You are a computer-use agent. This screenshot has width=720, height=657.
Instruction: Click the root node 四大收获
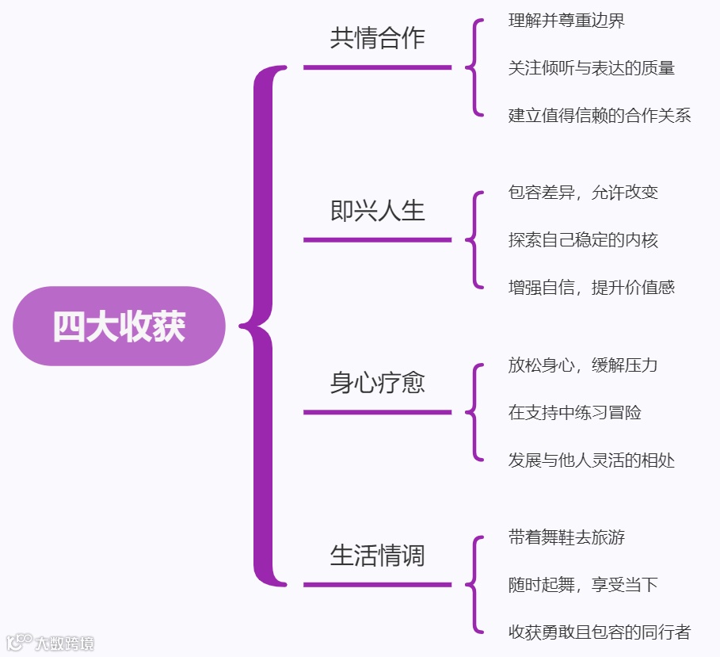[119, 326]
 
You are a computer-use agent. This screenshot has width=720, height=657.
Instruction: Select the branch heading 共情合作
[377, 39]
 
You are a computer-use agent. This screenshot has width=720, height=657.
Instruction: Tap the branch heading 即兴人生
[377, 211]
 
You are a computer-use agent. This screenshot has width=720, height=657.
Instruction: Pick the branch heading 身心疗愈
[377, 383]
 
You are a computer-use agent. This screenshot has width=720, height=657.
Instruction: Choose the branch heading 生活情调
[377, 556]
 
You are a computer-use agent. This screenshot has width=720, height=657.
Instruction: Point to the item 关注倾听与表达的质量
[591, 68]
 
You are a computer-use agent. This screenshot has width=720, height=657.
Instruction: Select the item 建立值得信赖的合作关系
[600, 116]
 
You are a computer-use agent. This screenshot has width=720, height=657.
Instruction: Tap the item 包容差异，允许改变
[583, 193]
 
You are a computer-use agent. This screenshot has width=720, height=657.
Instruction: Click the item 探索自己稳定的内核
[583, 240]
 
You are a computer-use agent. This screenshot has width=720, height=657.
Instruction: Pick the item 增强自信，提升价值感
[591, 287]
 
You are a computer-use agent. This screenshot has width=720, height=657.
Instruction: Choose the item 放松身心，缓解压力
[583, 365]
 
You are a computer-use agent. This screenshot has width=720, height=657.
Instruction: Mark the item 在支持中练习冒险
[574, 412]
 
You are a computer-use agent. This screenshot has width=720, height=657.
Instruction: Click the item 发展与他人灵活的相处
[591, 460]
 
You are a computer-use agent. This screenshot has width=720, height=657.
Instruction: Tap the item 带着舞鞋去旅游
[566, 537]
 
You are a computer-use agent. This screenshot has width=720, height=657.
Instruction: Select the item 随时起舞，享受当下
[583, 585]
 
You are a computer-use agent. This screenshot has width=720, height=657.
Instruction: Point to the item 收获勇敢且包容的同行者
[600, 632]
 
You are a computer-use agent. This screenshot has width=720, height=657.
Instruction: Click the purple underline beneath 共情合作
[377, 67]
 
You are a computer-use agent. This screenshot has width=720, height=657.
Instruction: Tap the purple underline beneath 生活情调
[377, 585]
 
